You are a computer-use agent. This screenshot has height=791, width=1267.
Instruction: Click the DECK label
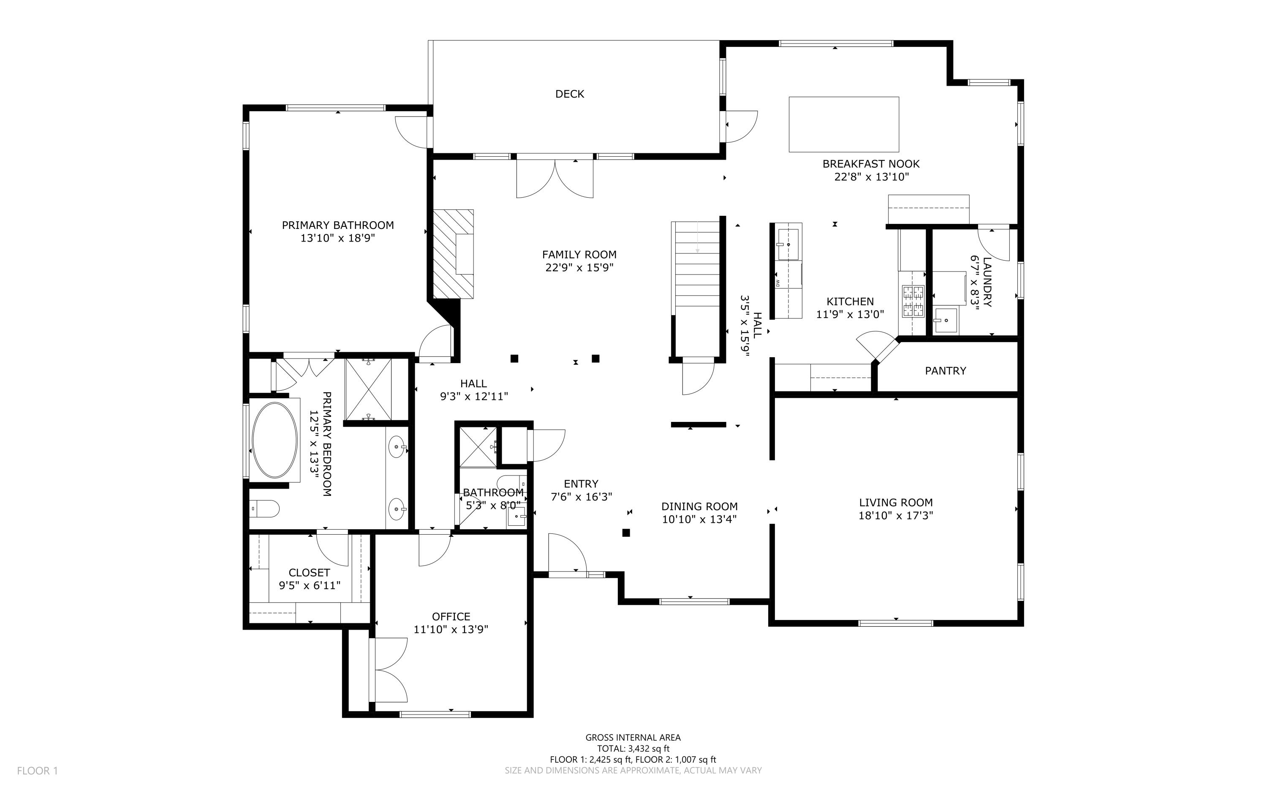pyautogui.click(x=570, y=94)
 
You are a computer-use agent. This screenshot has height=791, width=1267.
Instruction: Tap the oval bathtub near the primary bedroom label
pyautogui.click(x=275, y=440)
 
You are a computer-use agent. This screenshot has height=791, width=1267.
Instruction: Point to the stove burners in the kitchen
pyautogui.click(x=913, y=302)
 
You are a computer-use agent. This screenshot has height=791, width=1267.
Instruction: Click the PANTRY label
pyautogui.click(x=945, y=371)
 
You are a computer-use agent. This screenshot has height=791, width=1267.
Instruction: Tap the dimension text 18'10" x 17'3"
pyautogui.click(x=896, y=516)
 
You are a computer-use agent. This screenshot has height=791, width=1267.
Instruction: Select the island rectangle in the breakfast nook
pyautogui.click(x=843, y=125)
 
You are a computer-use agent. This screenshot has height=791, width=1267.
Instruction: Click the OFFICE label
pyautogui.click(x=451, y=617)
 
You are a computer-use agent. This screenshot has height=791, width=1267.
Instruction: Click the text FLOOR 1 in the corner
pyautogui.click(x=37, y=771)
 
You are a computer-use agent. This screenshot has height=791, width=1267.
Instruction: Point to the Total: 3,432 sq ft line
pyautogui.click(x=633, y=749)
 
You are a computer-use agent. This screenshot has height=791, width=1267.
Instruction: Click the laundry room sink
pyautogui.click(x=946, y=320)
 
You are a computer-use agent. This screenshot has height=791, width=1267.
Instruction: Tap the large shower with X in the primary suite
pyautogui.click(x=368, y=389)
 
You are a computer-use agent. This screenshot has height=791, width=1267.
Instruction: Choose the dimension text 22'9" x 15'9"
pyautogui.click(x=579, y=268)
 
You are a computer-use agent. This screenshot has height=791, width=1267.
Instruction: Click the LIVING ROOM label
pyautogui.click(x=896, y=503)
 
